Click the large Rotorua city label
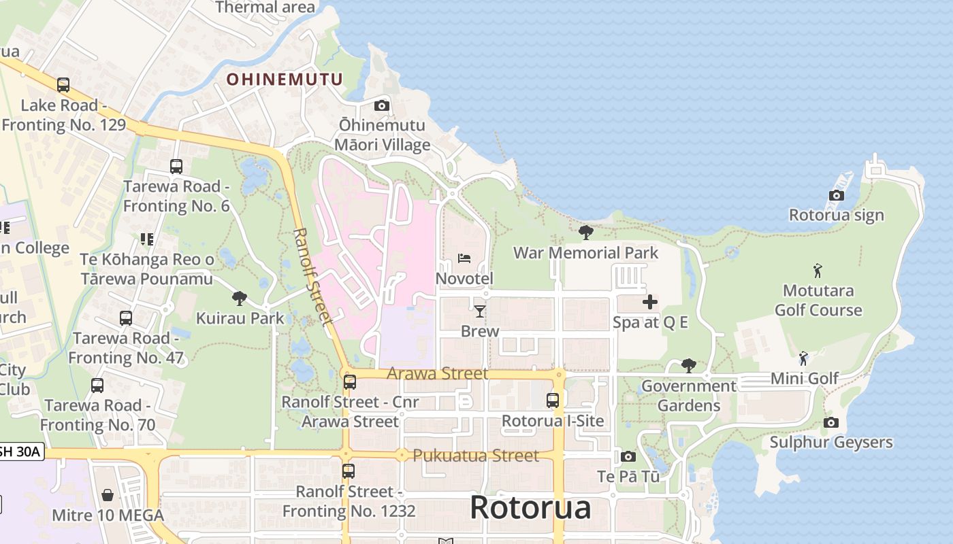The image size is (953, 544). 530,507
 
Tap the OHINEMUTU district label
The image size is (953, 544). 285,80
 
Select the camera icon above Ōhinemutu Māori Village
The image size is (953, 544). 382,105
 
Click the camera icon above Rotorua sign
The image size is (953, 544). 837,196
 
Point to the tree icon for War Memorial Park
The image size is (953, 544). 585,233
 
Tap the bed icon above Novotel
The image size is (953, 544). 464,258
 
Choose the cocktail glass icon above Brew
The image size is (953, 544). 480,311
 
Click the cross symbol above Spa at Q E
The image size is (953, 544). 650,302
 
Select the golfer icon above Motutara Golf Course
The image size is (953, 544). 818,271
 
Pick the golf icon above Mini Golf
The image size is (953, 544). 804,358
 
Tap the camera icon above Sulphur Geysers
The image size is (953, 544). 830,423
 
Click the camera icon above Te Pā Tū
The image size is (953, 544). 628,457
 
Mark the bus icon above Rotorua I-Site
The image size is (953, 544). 553,401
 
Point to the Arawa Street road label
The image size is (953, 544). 437,373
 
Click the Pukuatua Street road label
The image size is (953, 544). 476,455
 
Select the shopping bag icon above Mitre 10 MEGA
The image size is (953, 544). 108,495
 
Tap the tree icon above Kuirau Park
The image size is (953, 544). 239,298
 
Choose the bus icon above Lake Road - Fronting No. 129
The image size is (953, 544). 63,85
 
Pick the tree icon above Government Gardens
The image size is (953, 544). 689,366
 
